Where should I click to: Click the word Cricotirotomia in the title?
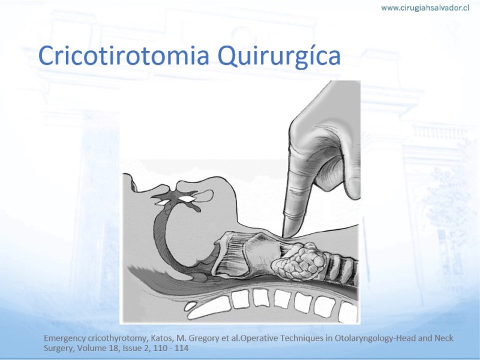[x=124, y=55]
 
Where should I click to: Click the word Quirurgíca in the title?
[x=279, y=56]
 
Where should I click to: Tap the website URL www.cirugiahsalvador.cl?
[x=425, y=8]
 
